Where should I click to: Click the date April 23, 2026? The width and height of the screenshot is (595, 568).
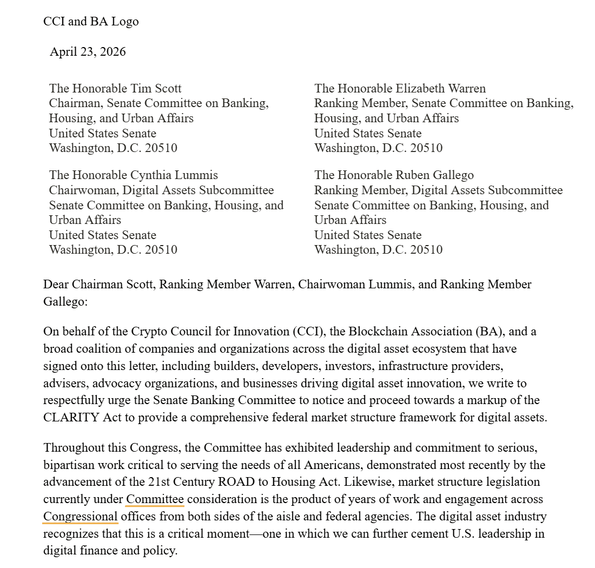[x=88, y=52]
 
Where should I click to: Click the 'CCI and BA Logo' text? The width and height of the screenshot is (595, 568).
[x=91, y=22]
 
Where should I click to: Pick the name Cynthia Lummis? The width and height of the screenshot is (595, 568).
[x=174, y=175]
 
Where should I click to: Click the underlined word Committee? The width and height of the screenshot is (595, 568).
[x=155, y=499]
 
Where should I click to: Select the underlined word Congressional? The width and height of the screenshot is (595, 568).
[x=81, y=516]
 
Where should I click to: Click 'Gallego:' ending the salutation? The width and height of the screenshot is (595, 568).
[x=65, y=301]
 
